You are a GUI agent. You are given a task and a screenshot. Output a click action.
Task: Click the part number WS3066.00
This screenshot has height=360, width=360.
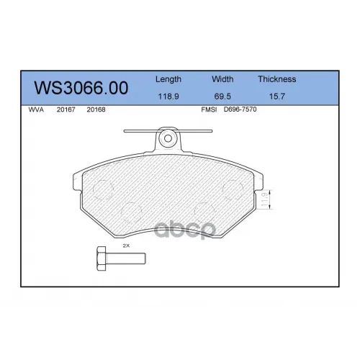pos(81,88)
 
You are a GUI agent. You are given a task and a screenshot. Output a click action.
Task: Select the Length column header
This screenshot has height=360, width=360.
pos(168,79)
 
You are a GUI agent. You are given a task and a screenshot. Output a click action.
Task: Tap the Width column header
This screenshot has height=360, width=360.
pos(222,79)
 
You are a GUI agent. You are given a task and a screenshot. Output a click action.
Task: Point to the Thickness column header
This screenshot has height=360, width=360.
pos(277,79)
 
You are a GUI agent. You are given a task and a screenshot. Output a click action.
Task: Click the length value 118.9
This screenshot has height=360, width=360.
pos(168,96)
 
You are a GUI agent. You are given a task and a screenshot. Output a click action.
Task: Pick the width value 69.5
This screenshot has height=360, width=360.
pos(222,96)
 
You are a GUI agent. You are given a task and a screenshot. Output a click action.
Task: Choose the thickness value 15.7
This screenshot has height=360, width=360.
pos(277,96)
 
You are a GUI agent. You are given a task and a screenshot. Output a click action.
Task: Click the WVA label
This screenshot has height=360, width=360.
pos(36,109)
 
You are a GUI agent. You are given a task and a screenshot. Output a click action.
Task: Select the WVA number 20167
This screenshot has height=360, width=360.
pos(66,109)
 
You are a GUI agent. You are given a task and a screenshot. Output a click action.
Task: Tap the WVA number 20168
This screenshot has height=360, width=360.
pos(96,109)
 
